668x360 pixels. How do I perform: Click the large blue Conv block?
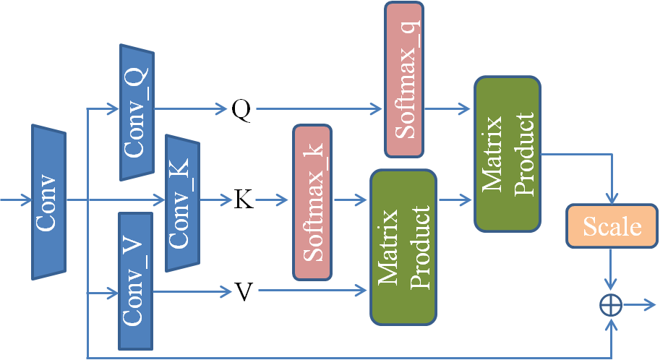(48, 202)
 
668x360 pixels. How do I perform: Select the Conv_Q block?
(137, 112)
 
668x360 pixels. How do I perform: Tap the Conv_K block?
(182, 203)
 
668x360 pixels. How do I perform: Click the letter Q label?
(241, 110)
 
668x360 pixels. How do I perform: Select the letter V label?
(245, 291)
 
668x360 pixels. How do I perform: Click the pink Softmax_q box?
(404, 80)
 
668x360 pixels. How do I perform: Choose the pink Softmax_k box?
(312, 202)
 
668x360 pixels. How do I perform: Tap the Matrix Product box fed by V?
(403, 247)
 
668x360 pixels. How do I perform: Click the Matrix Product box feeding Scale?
(507, 153)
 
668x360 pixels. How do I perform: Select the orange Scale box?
(612, 227)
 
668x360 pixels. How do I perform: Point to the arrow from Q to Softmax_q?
(318, 110)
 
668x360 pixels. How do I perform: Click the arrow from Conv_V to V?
(192, 292)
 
